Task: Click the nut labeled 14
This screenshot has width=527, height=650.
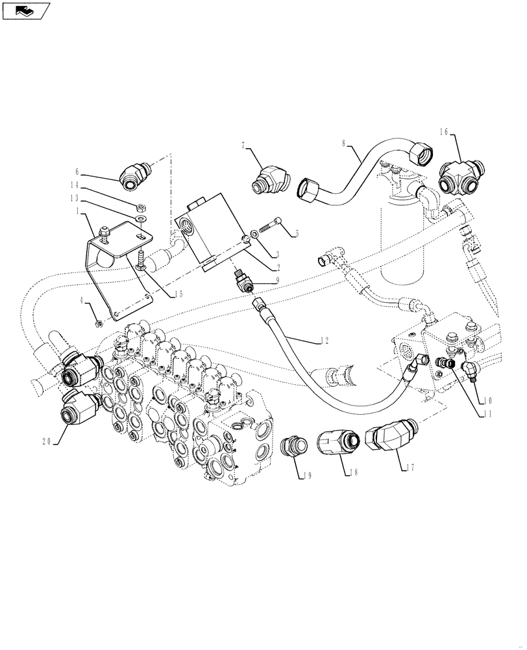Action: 140,207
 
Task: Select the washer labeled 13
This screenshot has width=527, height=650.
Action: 141,218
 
